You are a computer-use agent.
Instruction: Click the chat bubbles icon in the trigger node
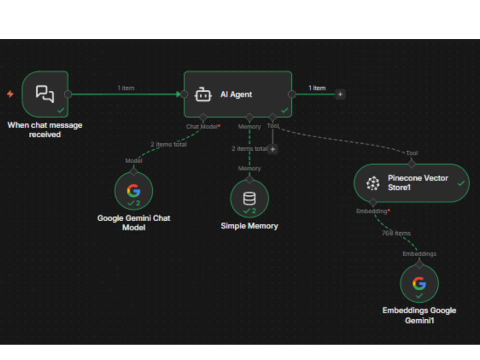coord(45,94)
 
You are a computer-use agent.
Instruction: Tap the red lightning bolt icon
coord(10,94)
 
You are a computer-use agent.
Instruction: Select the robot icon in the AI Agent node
coord(203,95)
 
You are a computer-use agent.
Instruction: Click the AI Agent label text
coord(236,94)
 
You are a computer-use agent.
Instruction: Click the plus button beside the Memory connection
coord(273,149)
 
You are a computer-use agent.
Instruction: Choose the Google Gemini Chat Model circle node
coord(134,191)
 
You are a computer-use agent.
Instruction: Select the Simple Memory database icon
coord(249,198)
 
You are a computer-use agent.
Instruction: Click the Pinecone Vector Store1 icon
coord(373,183)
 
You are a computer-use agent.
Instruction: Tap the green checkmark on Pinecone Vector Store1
coord(461,183)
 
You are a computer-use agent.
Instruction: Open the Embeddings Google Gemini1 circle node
coord(420,284)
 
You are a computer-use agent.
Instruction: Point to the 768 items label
coord(396,233)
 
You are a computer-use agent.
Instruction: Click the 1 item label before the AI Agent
coord(126,88)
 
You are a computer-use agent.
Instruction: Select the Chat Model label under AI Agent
coord(202,126)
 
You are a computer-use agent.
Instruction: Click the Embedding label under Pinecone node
coord(372,211)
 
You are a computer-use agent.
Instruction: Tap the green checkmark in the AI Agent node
coord(285,110)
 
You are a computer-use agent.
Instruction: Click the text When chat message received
coord(45,130)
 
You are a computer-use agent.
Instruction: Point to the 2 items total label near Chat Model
coord(168,144)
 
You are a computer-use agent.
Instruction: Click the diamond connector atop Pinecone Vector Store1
coord(412,164)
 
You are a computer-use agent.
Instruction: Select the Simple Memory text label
coord(249,226)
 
